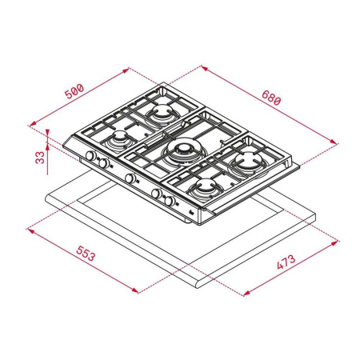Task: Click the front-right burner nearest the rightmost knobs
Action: point(205,186)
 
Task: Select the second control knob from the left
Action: point(104,163)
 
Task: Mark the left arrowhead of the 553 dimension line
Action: point(30,229)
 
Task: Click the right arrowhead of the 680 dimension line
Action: point(335,142)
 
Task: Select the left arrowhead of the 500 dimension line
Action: point(30,124)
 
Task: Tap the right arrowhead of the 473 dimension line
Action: point(335,238)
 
